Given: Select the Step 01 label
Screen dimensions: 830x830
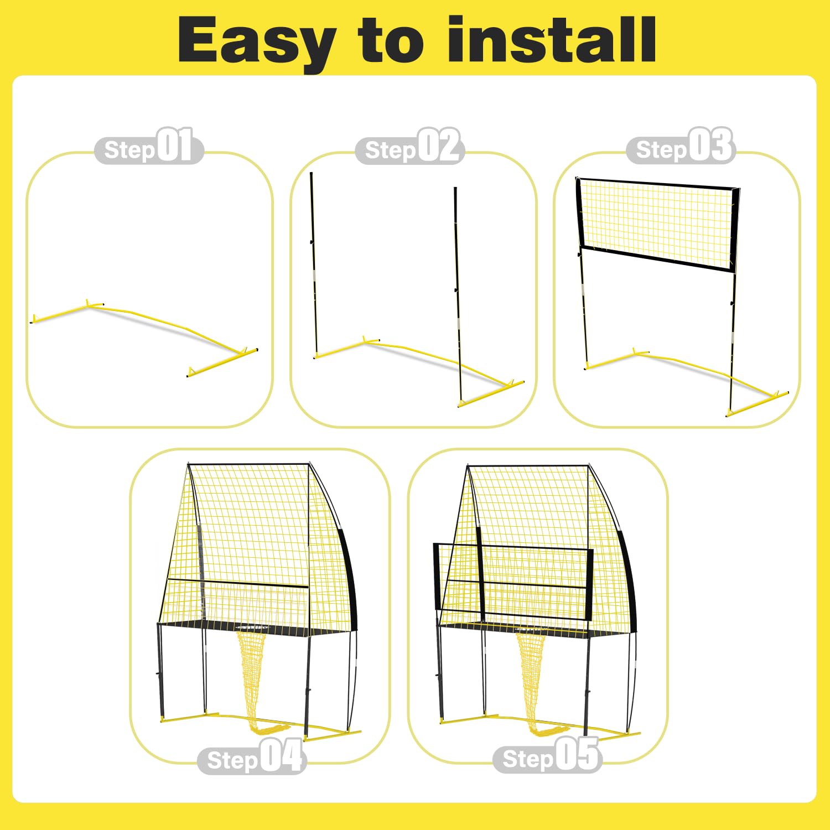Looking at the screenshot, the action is [149, 146].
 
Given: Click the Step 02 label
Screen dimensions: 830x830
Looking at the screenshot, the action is [409, 146].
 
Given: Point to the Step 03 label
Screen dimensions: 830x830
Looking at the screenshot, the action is [681, 146].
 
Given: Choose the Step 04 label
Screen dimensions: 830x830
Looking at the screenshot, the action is [252, 756].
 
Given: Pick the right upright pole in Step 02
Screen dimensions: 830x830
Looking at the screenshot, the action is [457, 296].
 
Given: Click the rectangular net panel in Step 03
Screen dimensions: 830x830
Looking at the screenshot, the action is [657, 224].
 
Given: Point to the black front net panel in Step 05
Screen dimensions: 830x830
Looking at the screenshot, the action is [513, 583].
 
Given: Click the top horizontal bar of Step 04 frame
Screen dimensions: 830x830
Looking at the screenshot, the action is [248, 464].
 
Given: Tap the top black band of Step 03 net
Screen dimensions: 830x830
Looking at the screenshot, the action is [657, 184].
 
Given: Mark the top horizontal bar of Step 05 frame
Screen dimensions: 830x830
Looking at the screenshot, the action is [528, 466].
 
